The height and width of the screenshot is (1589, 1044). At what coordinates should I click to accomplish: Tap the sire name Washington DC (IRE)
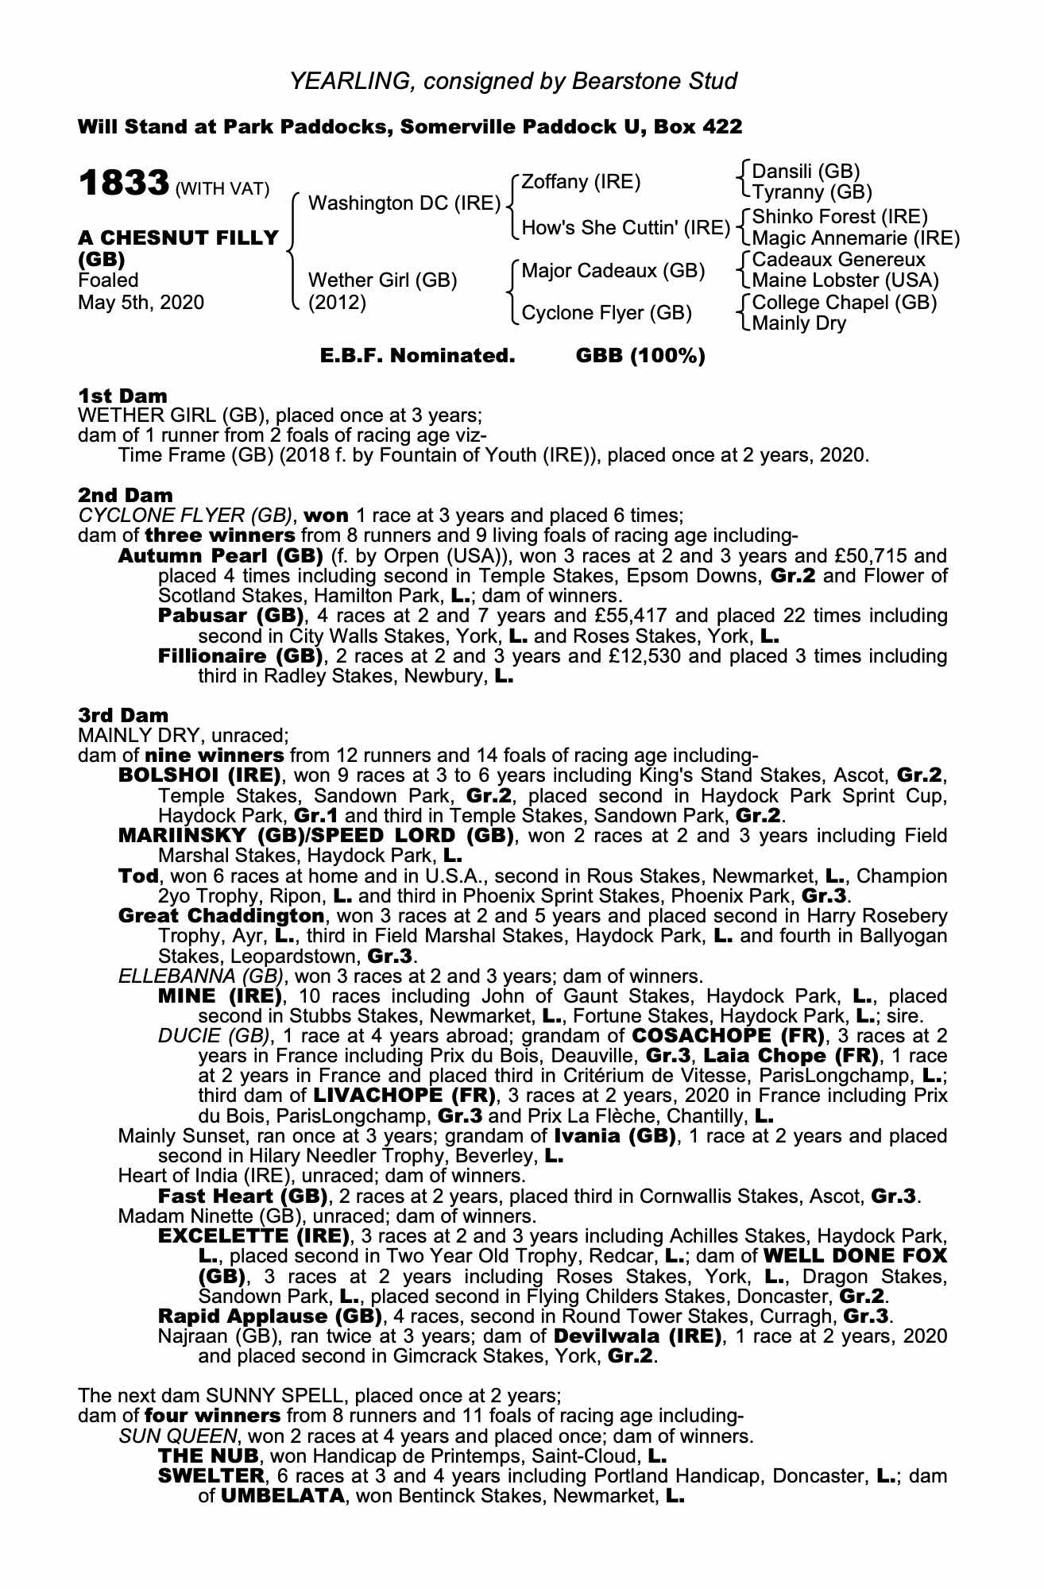point(404,204)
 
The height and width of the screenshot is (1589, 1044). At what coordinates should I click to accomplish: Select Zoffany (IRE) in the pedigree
point(581,182)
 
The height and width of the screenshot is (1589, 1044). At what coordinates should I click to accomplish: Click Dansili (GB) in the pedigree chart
point(806,172)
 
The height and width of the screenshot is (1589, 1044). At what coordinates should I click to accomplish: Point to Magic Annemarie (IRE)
point(856,238)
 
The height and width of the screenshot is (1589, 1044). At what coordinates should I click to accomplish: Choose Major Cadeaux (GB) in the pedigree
point(613,271)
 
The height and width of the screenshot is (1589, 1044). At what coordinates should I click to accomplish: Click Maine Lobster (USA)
point(845,280)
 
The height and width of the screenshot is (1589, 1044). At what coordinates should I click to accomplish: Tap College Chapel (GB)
point(844,303)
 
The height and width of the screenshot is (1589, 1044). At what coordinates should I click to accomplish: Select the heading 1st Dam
point(122,396)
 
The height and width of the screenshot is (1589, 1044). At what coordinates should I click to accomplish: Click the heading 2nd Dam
point(125,496)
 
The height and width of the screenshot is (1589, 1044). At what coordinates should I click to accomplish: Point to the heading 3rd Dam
point(123,715)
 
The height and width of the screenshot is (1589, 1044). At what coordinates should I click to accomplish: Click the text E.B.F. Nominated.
point(418,356)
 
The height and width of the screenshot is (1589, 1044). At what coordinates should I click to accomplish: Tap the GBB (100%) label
point(640,356)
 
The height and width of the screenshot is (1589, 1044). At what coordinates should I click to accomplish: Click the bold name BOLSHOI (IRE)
point(199,775)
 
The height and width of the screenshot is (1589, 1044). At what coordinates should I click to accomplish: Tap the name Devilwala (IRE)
point(638,1336)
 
